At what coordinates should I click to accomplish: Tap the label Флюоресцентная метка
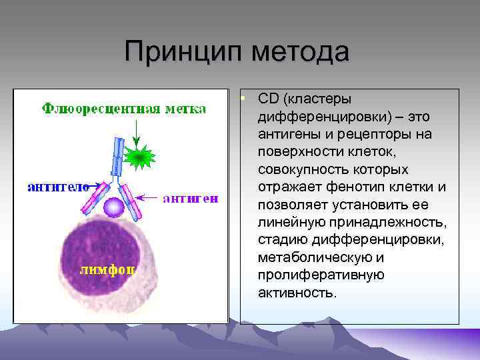tap(124, 109)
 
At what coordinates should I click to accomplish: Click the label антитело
tap(59, 187)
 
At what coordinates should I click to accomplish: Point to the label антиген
tap(190, 198)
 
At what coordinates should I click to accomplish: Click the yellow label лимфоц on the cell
tap(109, 270)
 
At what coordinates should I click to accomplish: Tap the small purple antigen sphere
tap(115, 208)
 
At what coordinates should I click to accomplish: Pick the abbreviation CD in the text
tap(268, 99)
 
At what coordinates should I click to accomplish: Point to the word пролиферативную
tap(311, 275)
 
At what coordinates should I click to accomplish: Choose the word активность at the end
tap(295, 292)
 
